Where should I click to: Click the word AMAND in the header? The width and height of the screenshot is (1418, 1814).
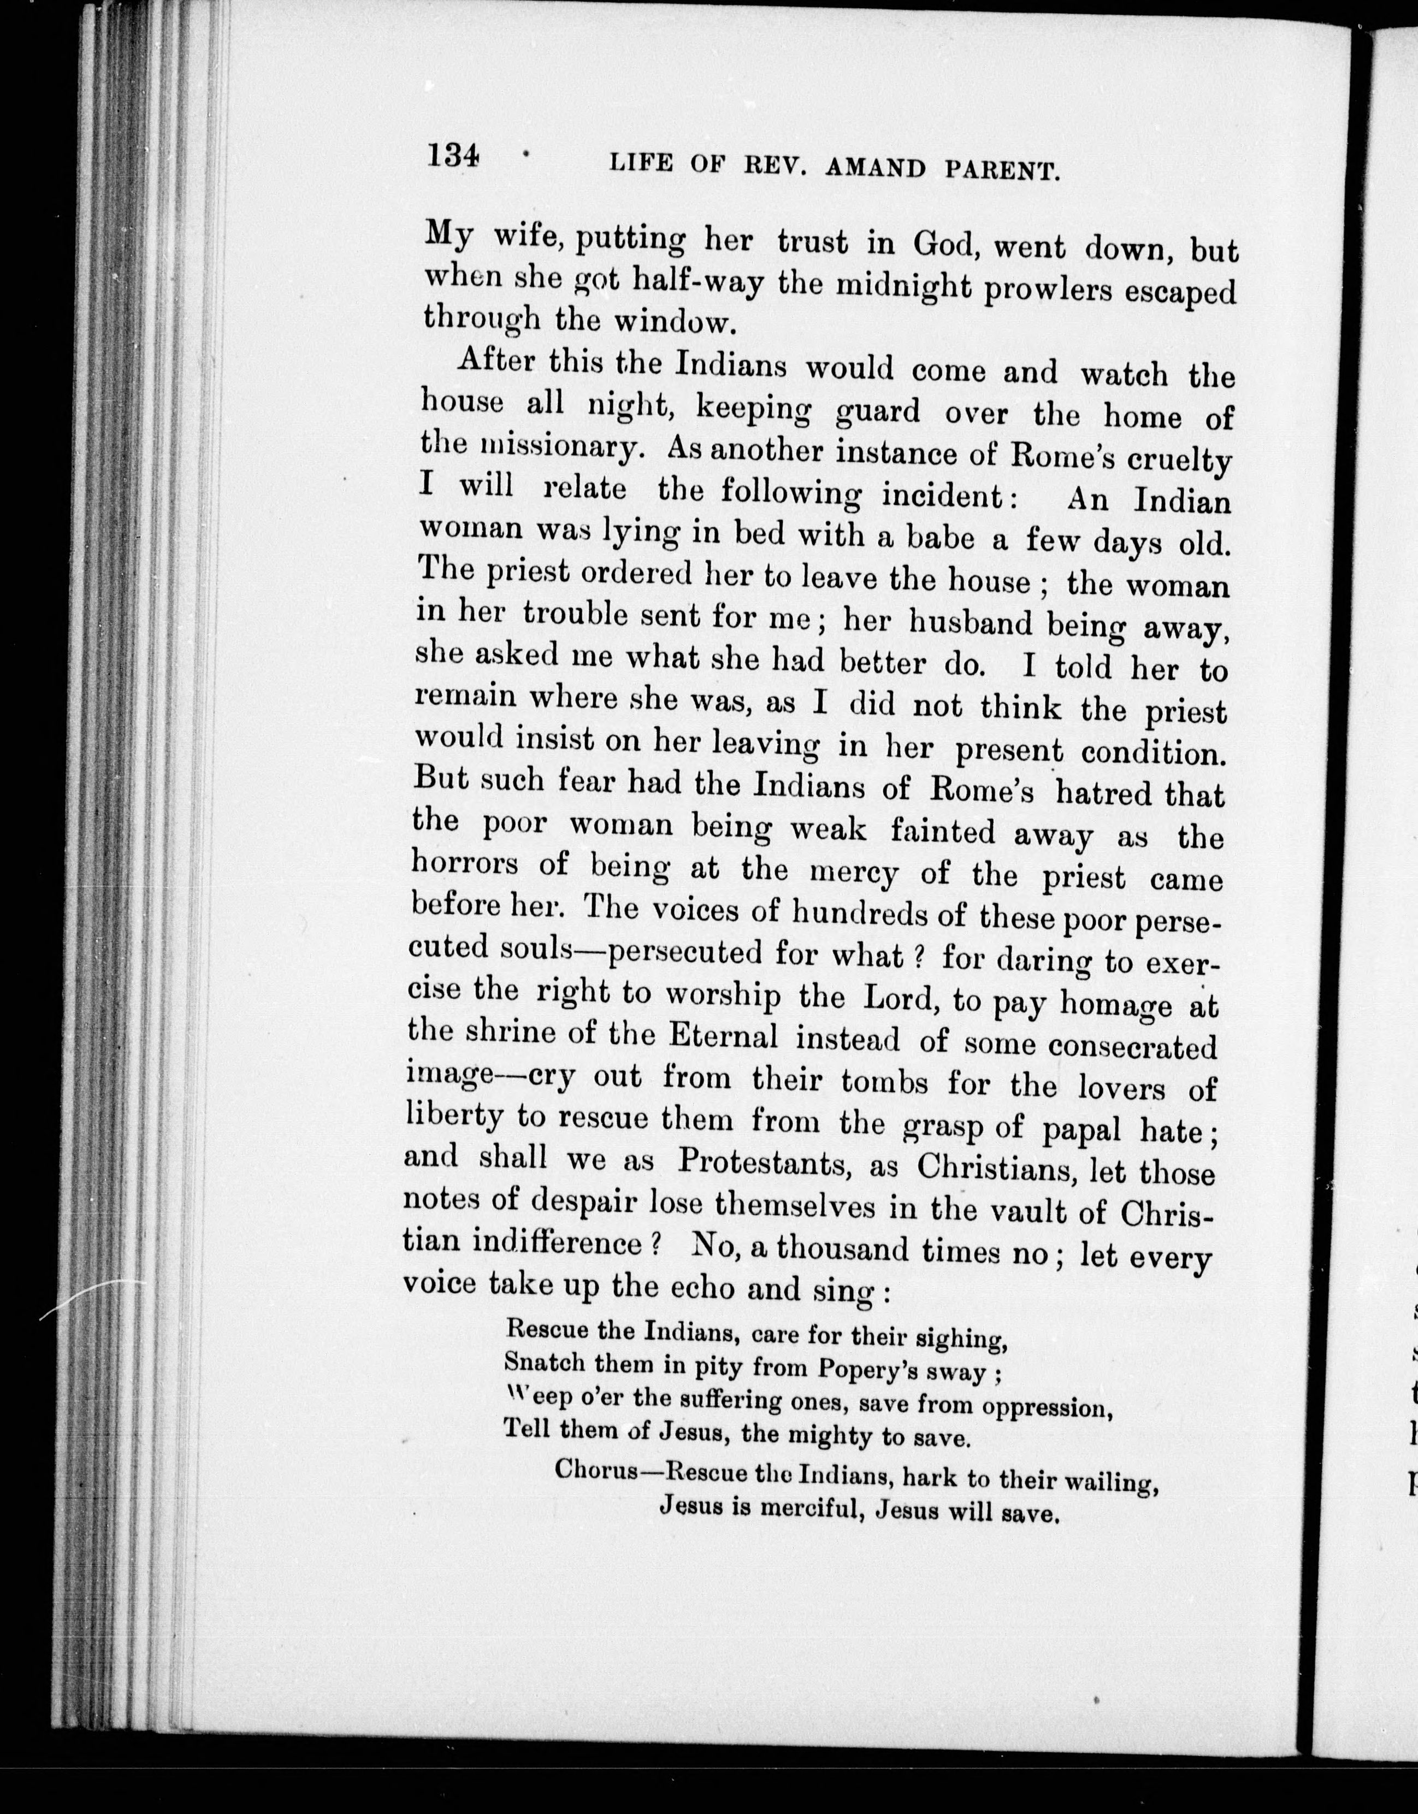point(877,169)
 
